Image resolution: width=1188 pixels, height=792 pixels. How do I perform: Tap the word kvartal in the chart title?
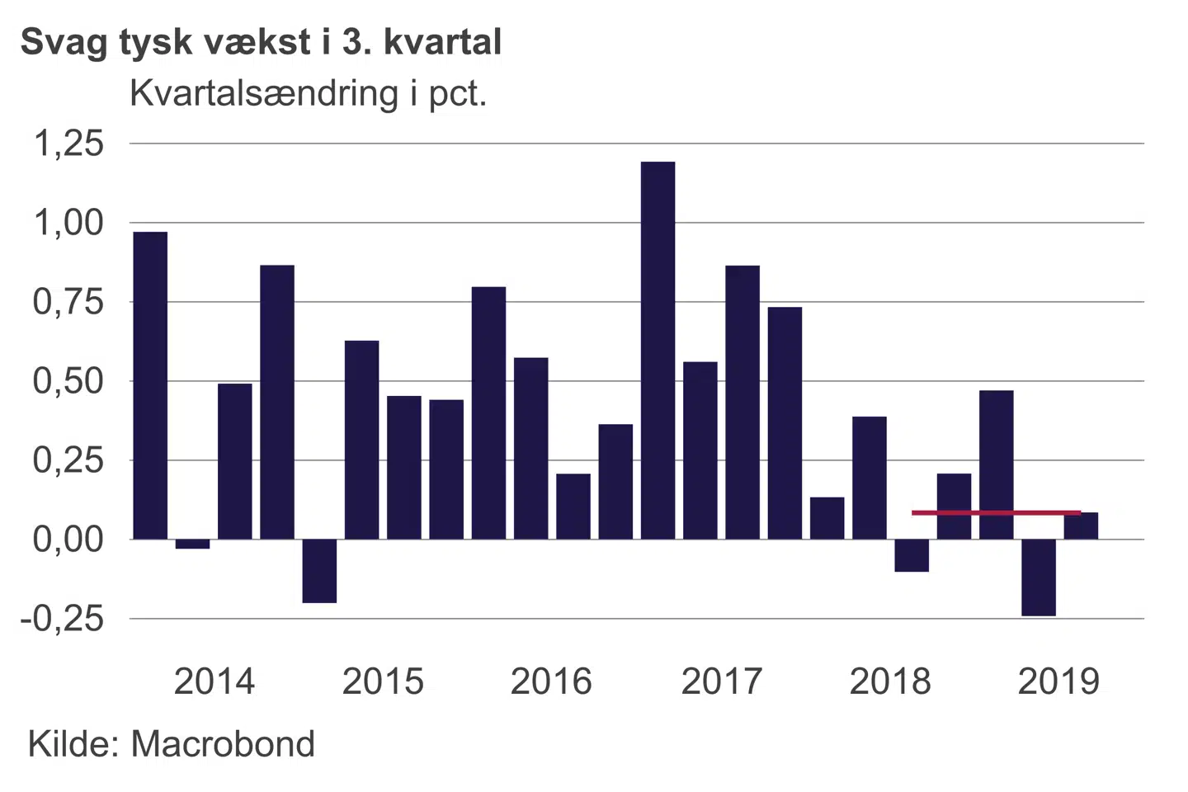442,41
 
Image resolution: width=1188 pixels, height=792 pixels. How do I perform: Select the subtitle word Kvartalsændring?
264,93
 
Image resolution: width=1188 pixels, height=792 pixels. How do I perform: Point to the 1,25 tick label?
68,144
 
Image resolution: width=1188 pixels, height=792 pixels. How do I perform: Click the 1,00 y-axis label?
68,223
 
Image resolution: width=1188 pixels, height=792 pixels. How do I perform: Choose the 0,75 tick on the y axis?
68,302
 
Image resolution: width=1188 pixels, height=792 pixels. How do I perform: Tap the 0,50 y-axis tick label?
68,381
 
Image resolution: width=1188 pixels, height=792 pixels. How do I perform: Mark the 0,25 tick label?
68,460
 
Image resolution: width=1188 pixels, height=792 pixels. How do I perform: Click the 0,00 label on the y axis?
68,540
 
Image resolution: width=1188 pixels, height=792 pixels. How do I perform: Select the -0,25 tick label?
63,619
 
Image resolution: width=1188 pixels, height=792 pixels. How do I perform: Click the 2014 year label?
214,681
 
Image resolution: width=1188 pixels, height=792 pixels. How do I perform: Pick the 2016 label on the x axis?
551,681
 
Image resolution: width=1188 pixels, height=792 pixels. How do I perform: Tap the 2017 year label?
722,681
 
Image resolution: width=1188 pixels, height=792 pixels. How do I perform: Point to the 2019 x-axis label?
1058,681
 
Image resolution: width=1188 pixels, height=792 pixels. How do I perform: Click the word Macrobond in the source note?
223,744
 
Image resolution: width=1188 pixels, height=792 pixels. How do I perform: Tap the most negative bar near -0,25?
1038,577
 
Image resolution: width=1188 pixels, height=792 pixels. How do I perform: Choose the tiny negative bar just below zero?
192,544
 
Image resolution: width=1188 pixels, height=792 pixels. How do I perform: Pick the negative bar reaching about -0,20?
319,571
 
